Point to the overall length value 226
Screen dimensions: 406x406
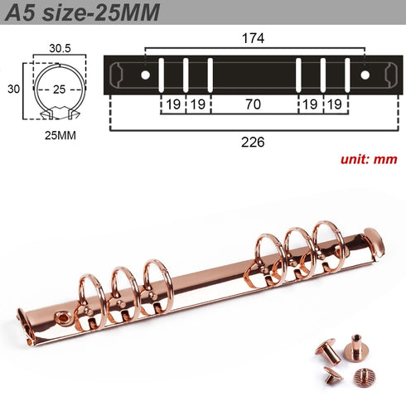(253, 142)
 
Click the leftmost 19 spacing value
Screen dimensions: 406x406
(172, 105)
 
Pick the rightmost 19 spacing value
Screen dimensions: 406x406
(334, 105)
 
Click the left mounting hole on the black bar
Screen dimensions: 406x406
(146, 75)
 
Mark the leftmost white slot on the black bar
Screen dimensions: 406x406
(162, 75)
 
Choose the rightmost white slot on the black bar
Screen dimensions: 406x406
(346, 75)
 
